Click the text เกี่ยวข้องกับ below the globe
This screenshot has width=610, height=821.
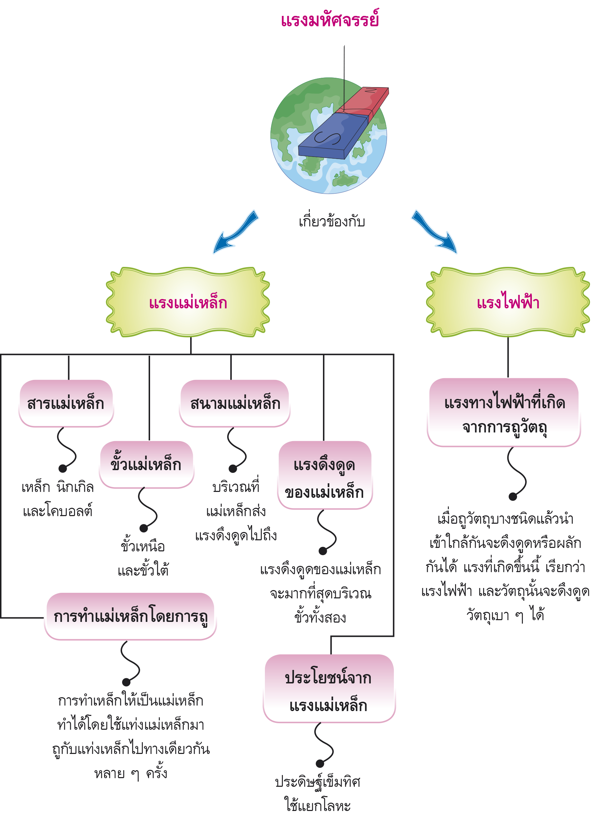pyautogui.click(x=331, y=222)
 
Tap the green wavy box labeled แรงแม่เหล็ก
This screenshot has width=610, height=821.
pyautogui.click(x=188, y=302)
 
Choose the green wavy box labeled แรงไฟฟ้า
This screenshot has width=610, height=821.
pyautogui.click(x=508, y=302)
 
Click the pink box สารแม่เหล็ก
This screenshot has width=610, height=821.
pyautogui.click(x=66, y=403)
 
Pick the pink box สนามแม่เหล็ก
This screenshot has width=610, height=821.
pyautogui.click(x=234, y=403)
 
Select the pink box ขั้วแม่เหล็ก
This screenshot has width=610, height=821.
pyautogui.click(x=147, y=464)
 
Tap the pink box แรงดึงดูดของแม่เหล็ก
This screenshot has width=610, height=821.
pyautogui.click(x=325, y=475)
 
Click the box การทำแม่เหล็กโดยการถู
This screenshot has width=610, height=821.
pyautogui.click(x=130, y=616)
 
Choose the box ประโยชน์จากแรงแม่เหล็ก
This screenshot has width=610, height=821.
pyautogui.click(x=329, y=689)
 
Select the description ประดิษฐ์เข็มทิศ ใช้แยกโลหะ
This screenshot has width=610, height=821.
pyautogui.click(x=318, y=794)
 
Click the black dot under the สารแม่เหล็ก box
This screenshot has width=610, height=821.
pyautogui.click(x=63, y=468)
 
